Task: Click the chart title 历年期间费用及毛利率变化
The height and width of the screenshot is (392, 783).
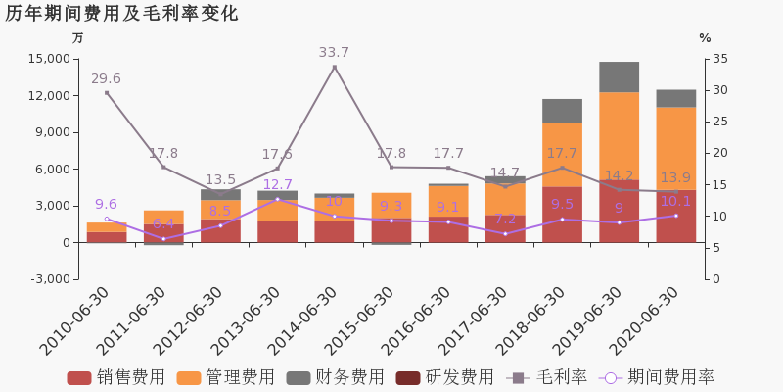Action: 121,14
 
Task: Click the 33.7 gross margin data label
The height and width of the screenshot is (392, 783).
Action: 334,53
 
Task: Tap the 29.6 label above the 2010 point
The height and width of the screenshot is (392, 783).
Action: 106,79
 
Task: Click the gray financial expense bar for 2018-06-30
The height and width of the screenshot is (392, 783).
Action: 562,111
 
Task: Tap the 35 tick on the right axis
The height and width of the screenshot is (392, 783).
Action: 719,59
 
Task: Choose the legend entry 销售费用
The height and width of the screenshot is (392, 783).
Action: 116,378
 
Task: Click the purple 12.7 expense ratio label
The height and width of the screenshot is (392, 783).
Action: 277,185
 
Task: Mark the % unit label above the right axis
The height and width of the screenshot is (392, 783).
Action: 705,38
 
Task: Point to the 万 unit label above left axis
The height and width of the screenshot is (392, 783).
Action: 78,38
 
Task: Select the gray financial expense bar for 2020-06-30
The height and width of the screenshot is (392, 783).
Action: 675,98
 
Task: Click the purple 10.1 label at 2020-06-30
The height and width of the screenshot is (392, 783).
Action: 675,201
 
